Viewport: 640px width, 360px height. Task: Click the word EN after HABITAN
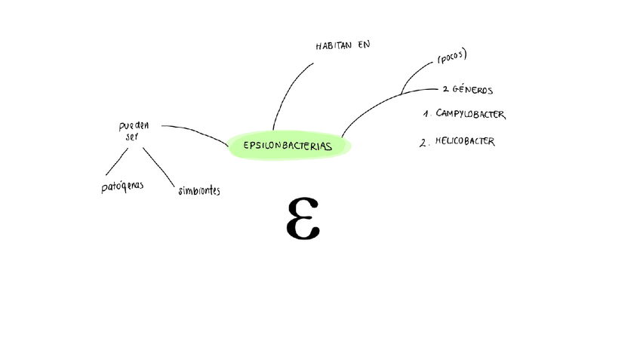(365, 45)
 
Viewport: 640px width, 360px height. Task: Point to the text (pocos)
(452, 57)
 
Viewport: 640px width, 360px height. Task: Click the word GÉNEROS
(473, 90)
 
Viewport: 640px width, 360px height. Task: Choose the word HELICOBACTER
(465, 141)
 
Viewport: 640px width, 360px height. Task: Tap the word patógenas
(122, 186)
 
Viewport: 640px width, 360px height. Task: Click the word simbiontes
(199, 191)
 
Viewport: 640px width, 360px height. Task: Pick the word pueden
(133, 125)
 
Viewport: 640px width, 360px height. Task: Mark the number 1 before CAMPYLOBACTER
(426, 115)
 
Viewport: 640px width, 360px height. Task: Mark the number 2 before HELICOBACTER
(423, 142)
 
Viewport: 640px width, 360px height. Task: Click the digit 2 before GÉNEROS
(445, 90)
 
